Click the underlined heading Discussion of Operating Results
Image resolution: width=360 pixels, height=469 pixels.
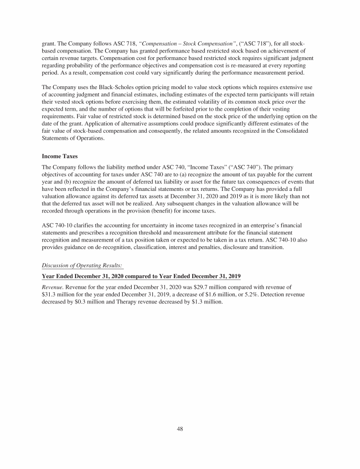click(x=82, y=265)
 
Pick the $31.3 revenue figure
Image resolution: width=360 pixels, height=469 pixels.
click(x=50, y=295)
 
